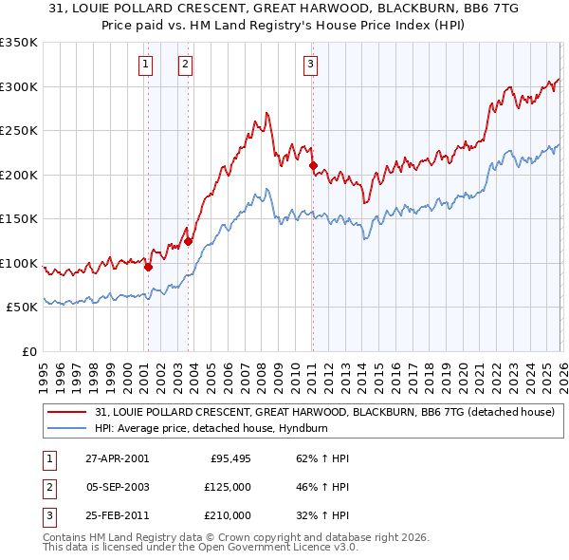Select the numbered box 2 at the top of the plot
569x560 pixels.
click(x=185, y=65)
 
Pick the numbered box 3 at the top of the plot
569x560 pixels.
click(x=310, y=65)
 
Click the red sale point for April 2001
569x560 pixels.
click(x=148, y=268)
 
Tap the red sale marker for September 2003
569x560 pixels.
click(x=188, y=241)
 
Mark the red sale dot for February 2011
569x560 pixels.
click(x=313, y=166)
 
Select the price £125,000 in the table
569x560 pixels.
click(x=228, y=487)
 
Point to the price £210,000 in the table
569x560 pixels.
click(x=228, y=515)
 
